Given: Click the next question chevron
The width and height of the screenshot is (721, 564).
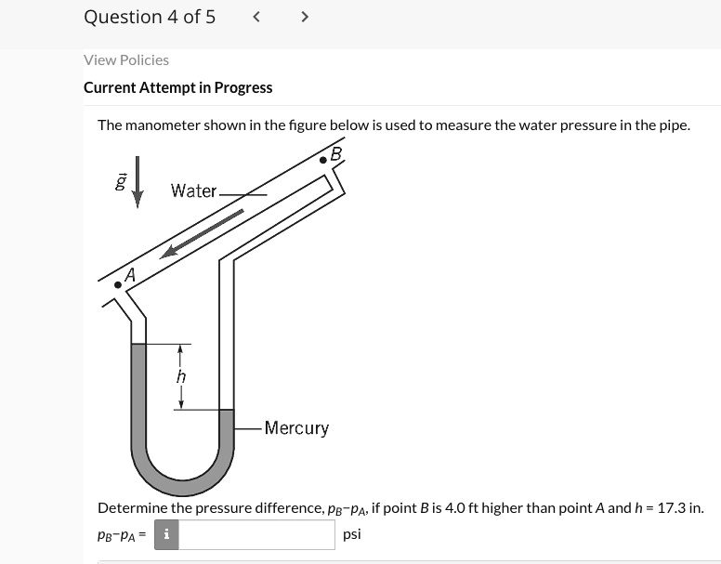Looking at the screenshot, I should click(305, 17).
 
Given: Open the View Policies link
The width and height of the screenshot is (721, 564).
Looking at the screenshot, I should click(126, 59).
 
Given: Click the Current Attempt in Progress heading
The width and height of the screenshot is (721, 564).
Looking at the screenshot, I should click(177, 87).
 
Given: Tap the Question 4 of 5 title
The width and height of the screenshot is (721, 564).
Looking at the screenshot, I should click(149, 17).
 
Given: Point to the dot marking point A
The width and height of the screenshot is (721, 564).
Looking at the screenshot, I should click(117, 285).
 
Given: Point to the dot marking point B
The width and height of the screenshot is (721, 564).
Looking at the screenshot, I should click(322, 160).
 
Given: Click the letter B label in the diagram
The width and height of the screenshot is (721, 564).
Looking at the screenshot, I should click(335, 152).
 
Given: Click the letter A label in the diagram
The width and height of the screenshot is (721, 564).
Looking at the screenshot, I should click(130, 275).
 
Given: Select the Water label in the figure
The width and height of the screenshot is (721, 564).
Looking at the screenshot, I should click(193, 190).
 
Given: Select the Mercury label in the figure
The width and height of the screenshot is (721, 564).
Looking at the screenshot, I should click(296, 428).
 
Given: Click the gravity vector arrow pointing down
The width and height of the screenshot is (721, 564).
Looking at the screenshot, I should click(138, 182).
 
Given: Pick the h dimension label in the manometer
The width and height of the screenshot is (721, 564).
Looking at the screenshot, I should click(181, 376).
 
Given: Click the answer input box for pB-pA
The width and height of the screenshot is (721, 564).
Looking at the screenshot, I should click(256, 534).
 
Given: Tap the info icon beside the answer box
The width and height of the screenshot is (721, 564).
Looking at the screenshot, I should click(165, 534).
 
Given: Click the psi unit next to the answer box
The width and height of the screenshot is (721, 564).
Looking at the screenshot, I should click(352, 534).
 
